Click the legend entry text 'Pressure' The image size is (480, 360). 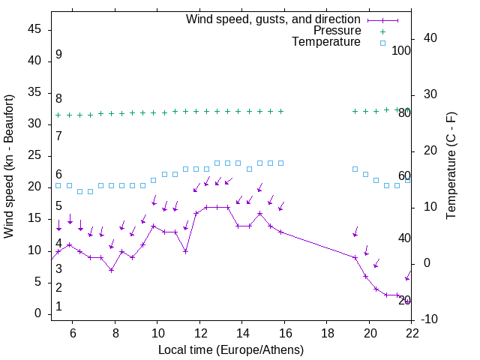(337, 31)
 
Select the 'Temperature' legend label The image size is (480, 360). (326, 43)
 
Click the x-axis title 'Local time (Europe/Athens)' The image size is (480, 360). (231, 349)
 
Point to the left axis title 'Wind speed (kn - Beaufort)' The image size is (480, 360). (9, 166)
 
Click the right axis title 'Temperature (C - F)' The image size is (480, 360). (451, 166)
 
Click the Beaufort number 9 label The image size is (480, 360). (58, 55)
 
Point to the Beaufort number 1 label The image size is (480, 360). (58, 307)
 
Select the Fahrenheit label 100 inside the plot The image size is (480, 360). (401, 50)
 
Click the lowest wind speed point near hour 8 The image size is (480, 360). (111, 270)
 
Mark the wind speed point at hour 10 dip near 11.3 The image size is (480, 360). (185, 251)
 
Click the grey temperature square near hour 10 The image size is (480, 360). (154, 180)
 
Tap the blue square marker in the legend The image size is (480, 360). (382, 43)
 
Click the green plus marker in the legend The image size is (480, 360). (382, 31)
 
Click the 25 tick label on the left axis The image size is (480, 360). (34, 155)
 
